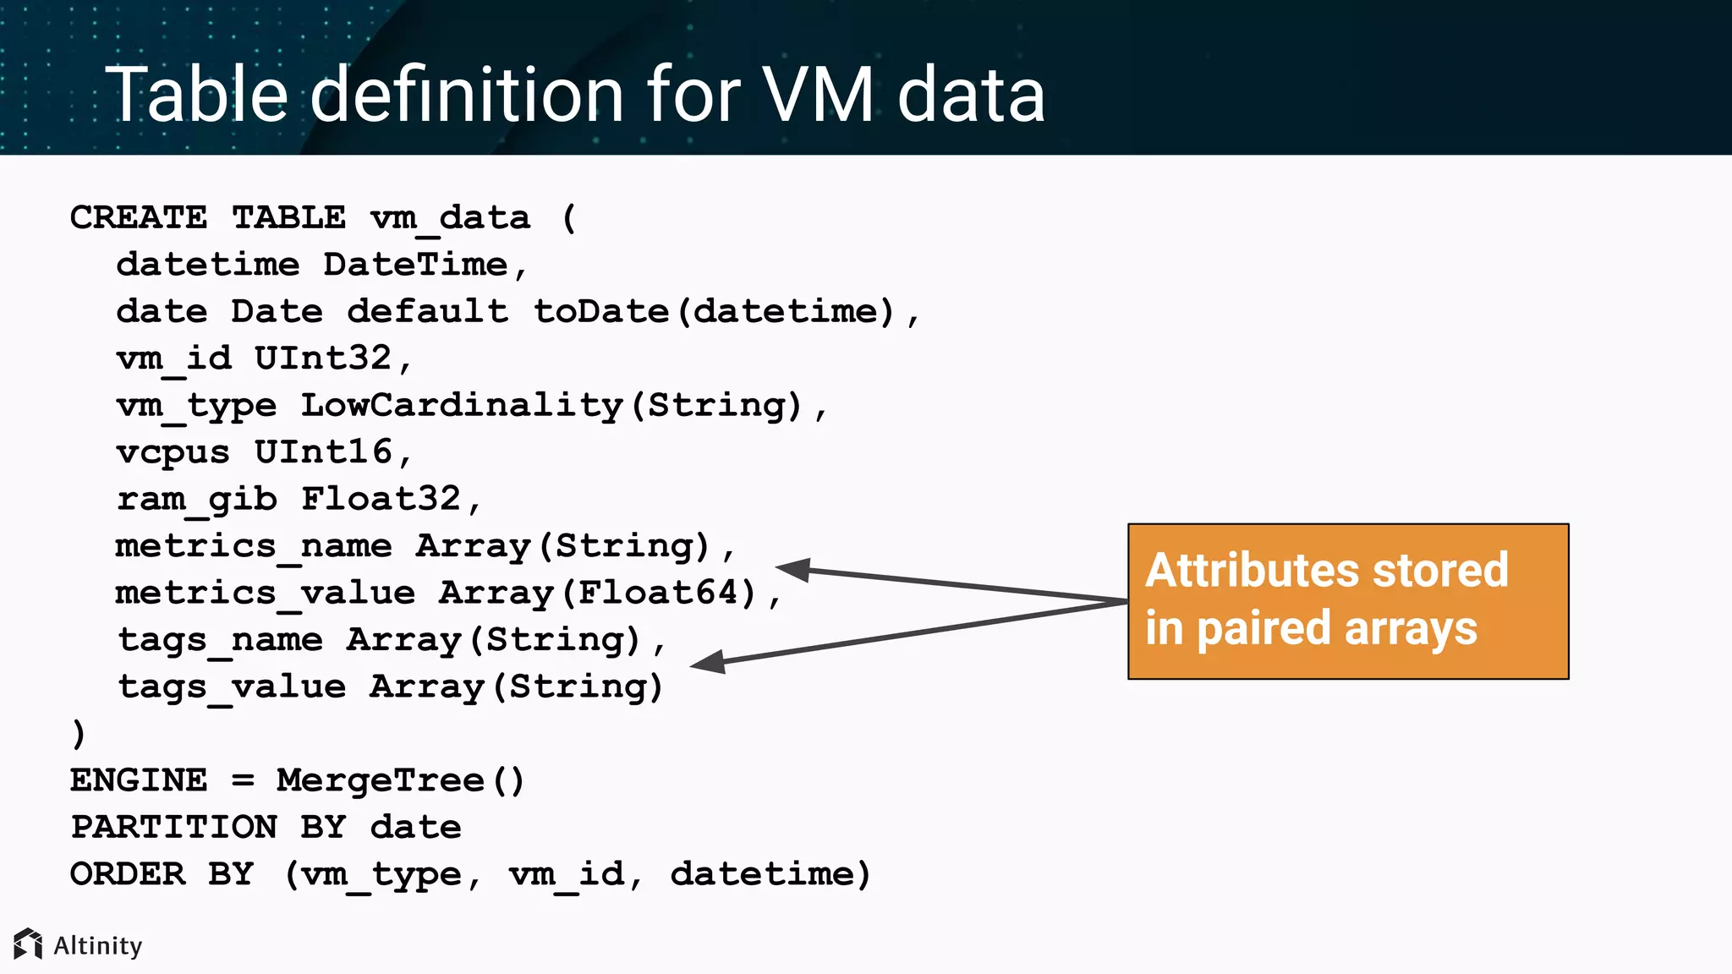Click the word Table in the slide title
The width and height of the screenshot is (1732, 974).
click(x=196, y=95)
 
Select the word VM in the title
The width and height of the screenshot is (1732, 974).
click(x=818, y=95)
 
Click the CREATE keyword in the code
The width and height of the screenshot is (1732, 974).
click(x=138, y=217)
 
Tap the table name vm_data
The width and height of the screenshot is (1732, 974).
click(x=450, y=217)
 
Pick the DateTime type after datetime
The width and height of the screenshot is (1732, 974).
click(x=415, y=265)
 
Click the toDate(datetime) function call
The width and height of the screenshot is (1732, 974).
click(x=713, y=311)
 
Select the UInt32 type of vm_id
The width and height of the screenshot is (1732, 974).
click(x=323, y=358)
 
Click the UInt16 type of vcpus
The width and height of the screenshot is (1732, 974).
click(x=323, y=451)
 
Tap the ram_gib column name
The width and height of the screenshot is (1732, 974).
click(x=196, y=499)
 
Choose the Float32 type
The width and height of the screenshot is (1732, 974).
click(x=381, y=499)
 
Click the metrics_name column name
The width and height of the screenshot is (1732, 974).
click(x=254, y=545)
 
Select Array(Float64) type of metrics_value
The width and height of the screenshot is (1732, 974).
click(x=597, y=593)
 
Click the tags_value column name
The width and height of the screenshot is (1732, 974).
click(x=231, y=686)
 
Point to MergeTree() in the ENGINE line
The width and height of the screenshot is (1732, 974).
click(x=400, y=780)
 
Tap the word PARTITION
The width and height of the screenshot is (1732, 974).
click(x=173, y=826)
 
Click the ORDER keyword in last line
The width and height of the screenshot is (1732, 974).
click(x=127, y=873)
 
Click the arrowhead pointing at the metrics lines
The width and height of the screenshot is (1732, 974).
click(x=793, y=570)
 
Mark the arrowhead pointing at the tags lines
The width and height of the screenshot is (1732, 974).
click(x=709, y=662)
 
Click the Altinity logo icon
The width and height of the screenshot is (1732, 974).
click(x=28, y=944)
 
